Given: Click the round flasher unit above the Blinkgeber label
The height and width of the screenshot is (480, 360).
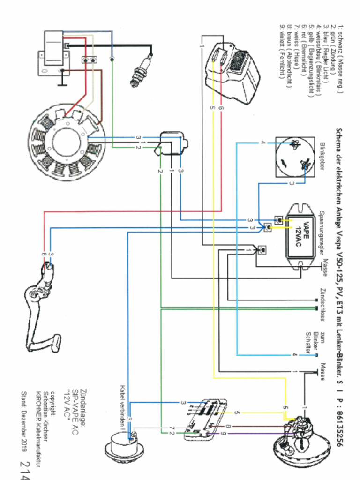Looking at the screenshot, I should point(295,157).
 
